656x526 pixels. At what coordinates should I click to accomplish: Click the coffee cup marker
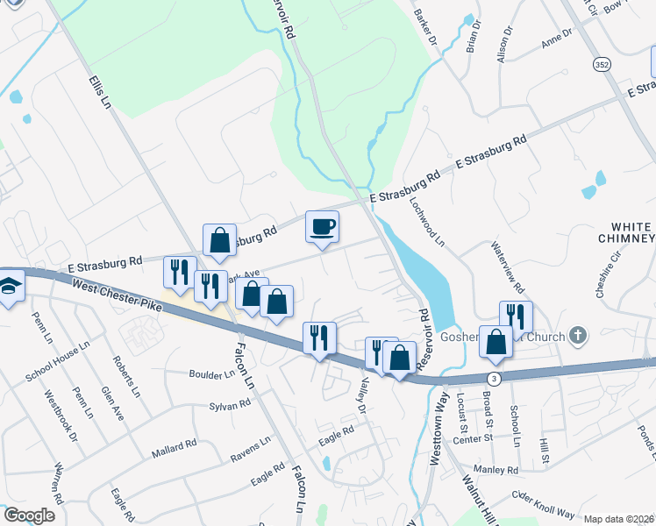[x=322, y=226]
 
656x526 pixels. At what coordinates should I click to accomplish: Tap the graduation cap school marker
[x=10, y=288]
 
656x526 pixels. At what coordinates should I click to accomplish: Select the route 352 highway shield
[x=601, y=64]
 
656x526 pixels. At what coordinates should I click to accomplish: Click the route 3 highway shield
[x=496, y=378]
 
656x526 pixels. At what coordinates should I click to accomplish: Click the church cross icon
[x=577, y=335]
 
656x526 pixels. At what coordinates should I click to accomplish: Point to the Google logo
[x=29, y=515]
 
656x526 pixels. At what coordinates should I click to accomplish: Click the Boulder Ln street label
[x=211, y=373]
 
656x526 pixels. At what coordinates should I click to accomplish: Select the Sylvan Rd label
[x=230, y=405]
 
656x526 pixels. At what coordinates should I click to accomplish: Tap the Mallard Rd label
[x=173, y=447]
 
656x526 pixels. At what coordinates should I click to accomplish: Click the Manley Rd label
[x=495, y=470]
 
